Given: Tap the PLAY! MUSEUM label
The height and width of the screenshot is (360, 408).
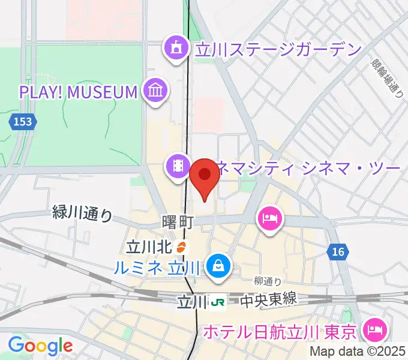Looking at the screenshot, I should (x=79, y=92).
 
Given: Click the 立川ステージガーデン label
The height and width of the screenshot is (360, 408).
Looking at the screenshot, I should (x=277, y=48).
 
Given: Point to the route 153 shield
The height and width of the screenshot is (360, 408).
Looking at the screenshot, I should (x=22, y=122).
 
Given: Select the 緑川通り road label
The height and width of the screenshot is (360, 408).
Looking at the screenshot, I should (x=83, y=213).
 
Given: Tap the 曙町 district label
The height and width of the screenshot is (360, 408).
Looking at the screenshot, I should (x=177, y=222).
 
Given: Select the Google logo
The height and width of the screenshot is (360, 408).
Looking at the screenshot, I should (x=40, y=346).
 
